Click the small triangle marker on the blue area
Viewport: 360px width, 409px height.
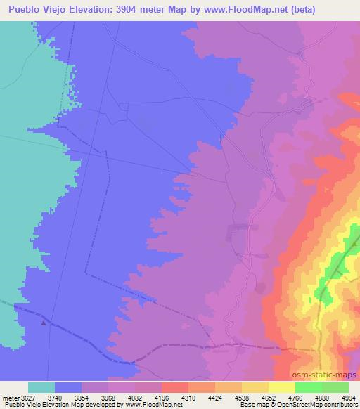(x=44, y=323)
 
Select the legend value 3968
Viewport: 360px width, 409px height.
(x=108, y=397)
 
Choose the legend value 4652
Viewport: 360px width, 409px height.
(x=269, y=397)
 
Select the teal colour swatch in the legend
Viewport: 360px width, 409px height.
(x=41, y=387)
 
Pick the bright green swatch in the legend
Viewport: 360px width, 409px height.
(x=309, y=387)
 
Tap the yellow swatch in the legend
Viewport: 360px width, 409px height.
(x=282, y=387)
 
